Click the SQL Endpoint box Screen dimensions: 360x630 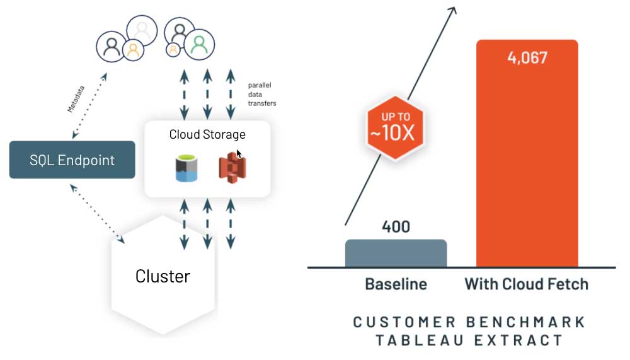click(x=72, y=160)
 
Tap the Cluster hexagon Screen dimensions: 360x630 click(x=163, y=276)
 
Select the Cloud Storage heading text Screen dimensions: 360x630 click(x=207, y=134)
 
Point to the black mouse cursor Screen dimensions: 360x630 click(x=239, y=154)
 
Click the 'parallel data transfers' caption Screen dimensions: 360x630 click(x=261, y=94)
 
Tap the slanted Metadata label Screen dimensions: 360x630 click(x=76, y=99)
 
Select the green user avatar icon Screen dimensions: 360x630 click(x=199, y=44)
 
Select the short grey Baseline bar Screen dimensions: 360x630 click(x=396, y=253)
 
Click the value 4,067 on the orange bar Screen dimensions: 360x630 click(x=527, y=58)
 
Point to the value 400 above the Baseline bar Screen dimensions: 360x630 click(x=396, y=226)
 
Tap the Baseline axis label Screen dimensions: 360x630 click(x=396, y=284)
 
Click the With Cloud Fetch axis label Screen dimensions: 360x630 click(x=526, y=284)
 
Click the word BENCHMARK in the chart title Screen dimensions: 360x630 click(x=525, y=322)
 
